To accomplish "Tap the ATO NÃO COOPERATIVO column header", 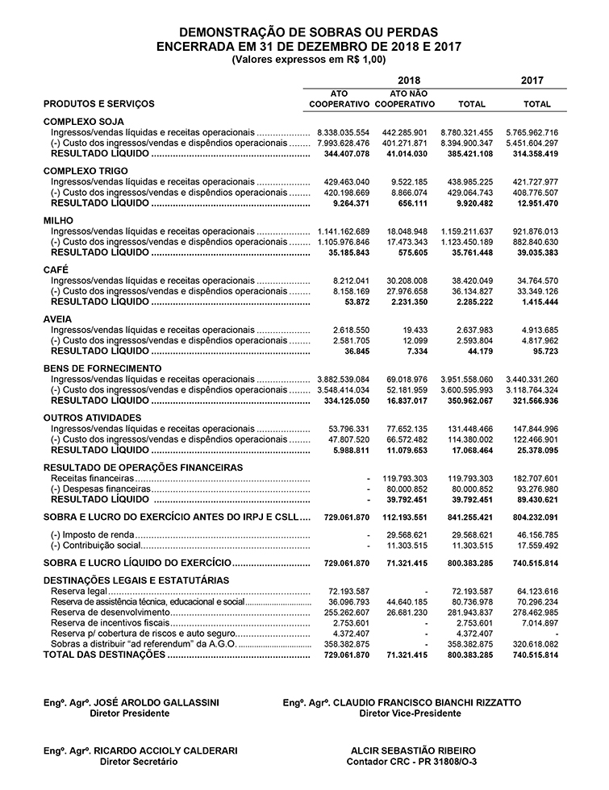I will pos(406,99).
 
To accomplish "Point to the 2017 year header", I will pos(532,81).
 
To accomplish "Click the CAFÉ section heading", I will pos(56,270).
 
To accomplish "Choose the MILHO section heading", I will pos(58,220).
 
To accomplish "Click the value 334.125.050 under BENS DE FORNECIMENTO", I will pos(340,401).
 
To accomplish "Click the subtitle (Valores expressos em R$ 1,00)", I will pos(308,60).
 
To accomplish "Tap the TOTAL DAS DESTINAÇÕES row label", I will pos(102,655).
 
